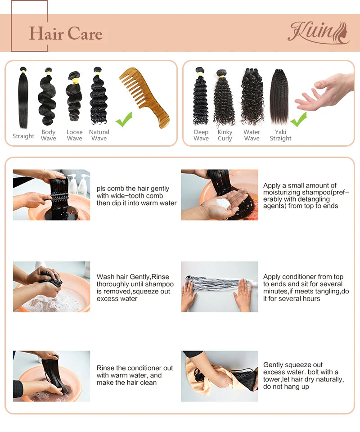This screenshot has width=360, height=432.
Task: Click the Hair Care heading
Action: tap(66, 34)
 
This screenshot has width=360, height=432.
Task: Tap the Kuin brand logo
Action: tap(319, 33)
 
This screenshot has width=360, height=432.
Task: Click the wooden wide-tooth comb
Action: tap(144, 97)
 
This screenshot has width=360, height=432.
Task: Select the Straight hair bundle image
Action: tap(23, 98)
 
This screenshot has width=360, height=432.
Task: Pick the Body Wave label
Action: tap(49, 135)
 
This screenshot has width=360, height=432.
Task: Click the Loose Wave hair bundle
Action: tap(74, 96)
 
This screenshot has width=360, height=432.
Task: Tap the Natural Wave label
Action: tap(99, 135)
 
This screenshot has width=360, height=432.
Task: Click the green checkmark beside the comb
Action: tap(124, 120)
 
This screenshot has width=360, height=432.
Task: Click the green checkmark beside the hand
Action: tap(299, 119)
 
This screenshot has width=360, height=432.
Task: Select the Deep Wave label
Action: tap(201, 135)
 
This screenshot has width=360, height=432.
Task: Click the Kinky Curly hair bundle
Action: tap(225, 98)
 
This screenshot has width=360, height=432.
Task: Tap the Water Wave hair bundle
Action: tap(252, 96)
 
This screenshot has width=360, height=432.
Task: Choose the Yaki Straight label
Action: tap(280, 135)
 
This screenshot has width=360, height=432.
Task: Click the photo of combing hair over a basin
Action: tap(51, 195)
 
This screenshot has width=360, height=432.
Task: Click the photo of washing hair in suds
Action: tap(51, 287)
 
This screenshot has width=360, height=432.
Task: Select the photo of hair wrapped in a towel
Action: tap(220, 376)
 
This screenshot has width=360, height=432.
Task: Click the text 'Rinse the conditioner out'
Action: tap(135, 368)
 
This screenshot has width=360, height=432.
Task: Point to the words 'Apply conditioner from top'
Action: tap(303, 277)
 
